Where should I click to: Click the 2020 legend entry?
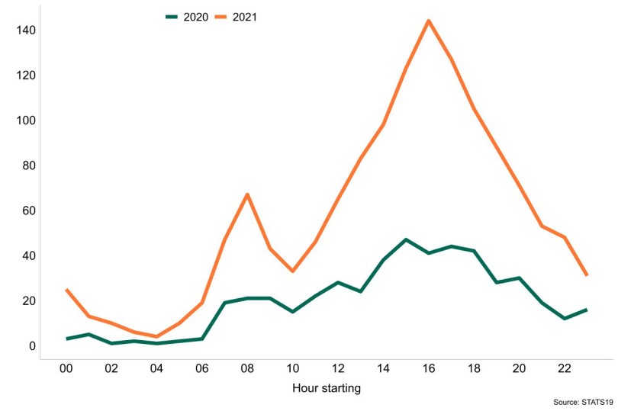[x=187, y=17]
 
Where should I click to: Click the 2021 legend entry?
[x=236, y=17]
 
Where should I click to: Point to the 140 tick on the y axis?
[x=26, y=30]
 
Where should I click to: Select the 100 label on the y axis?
[x=26, y=120]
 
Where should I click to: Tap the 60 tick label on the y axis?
[x=29, y=210]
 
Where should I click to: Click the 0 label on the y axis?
[x=32, y=346]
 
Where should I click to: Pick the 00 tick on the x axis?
[x=66, y=368]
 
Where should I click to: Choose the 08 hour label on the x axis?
[x=247, y=368]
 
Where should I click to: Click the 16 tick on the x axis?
[x=429, y=368]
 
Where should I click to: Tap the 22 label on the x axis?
[x=565, y=368]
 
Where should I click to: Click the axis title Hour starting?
[x=327, y=388]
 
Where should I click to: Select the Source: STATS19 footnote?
[x=584, y=403]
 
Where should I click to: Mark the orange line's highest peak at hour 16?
[x=429, y=21]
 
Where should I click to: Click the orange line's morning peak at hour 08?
[x=247, y=194]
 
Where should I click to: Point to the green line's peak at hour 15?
[x=406, y=239]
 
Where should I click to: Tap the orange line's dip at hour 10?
[x=292, y=271]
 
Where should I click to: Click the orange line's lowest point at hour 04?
[x=157, y=336]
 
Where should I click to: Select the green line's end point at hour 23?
[x=587, y=310]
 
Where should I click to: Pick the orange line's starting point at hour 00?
[x=66, y=290]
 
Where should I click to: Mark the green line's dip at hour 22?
[x=565, y=319]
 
